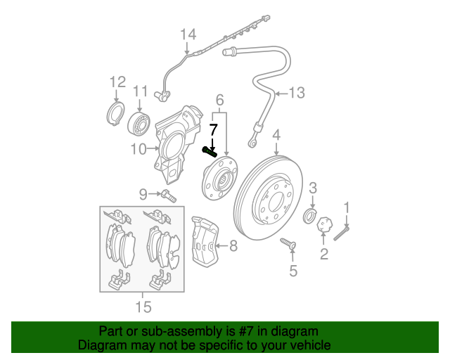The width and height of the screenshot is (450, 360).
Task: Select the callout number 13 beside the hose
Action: coord(298,92)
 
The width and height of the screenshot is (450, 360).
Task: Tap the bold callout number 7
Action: coord(213,129)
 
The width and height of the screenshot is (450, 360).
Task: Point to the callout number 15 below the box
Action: coord(143,307)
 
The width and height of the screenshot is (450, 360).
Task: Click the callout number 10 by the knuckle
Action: coord(138,149)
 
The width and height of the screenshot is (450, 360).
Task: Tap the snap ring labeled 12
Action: coord(114,115)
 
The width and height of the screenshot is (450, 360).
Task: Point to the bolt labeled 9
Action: coord(167,195)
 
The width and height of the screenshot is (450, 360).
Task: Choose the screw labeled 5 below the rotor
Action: coord(289,243)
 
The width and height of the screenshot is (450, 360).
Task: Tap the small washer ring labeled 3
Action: coord(309,214)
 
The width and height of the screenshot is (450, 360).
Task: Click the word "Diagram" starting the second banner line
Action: coord(101,345)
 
